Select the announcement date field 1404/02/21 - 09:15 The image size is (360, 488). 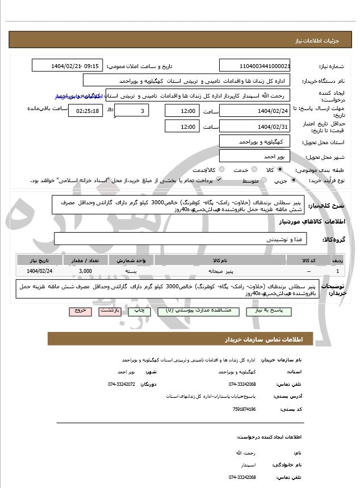[68, 66]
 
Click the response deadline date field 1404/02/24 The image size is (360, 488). [254, 111]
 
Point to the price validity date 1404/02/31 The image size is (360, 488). [254, 127]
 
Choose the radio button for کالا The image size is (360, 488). [280, 169]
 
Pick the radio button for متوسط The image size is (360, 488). [263, 180]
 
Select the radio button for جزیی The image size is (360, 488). [293, 180]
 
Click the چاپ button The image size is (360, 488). [137, 311]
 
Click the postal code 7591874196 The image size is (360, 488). [245, 409]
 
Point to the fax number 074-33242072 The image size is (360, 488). [122, 384]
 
